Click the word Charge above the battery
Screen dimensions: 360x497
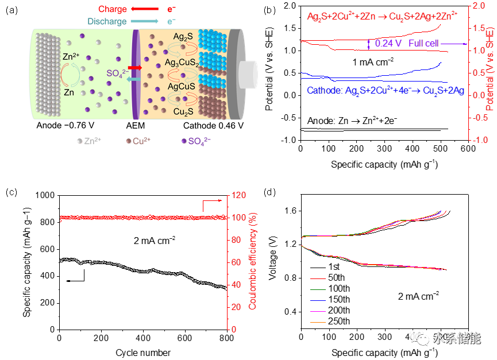tap(113, 9)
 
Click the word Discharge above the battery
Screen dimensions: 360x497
tap(107, 22)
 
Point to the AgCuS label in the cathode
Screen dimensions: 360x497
tap(182, 86)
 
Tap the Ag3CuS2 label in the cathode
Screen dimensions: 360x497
tap(182, 61)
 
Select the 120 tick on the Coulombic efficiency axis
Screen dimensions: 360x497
tap(238, 196)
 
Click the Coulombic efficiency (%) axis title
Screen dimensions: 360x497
tap(253, 261)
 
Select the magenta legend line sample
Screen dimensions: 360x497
tap(318, 312)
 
